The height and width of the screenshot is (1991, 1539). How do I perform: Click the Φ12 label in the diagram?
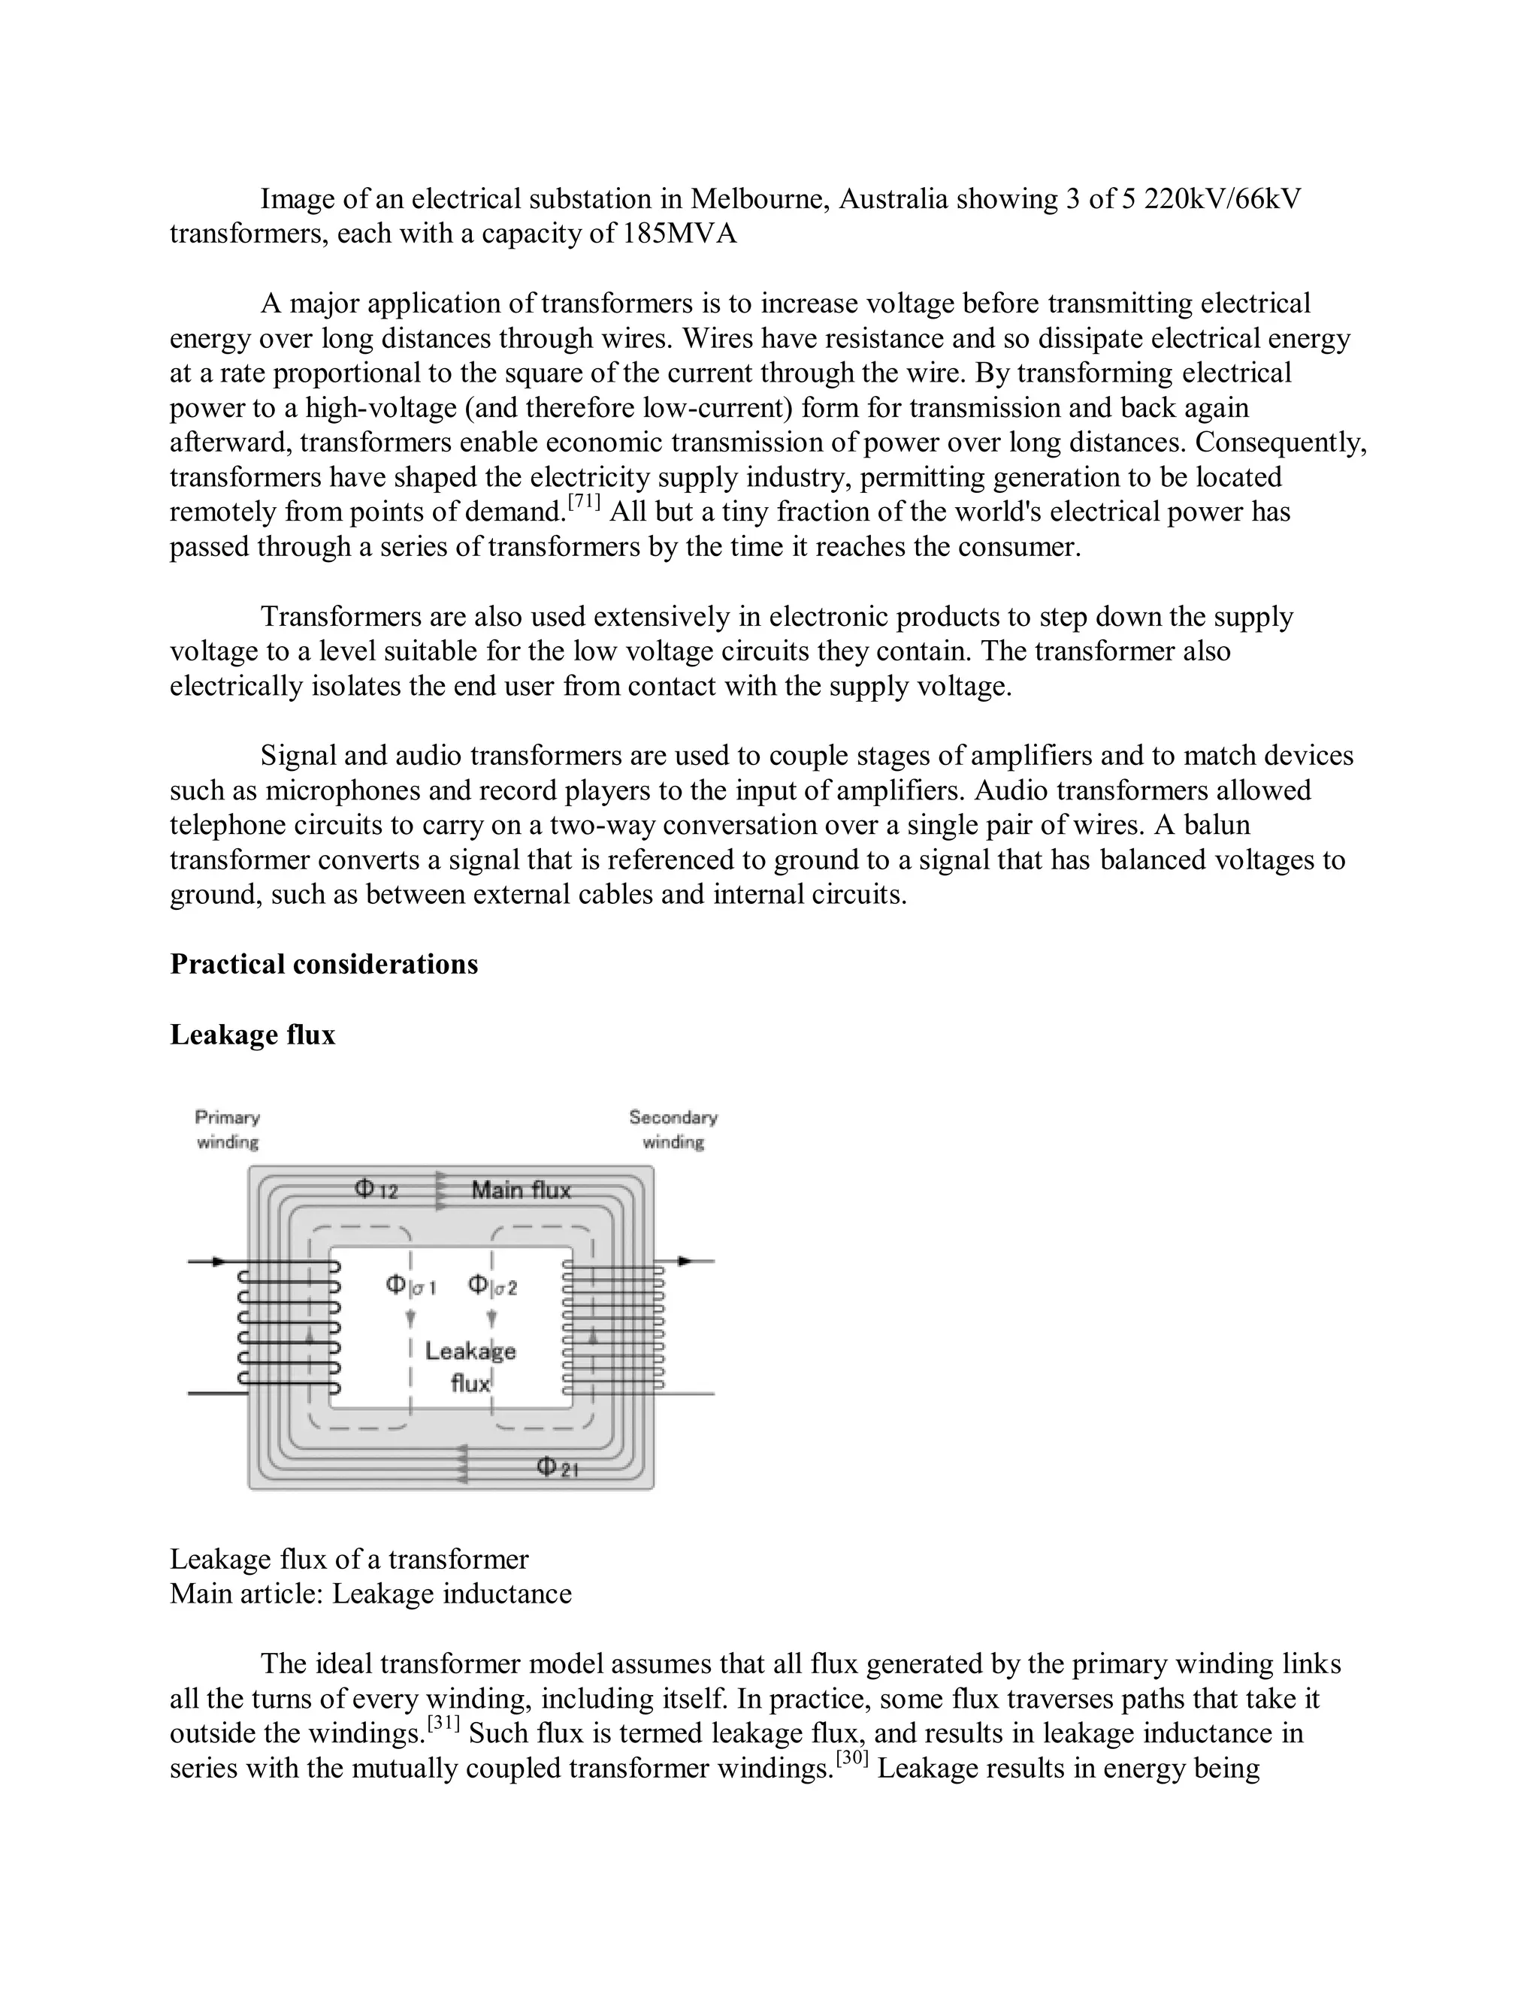coord(376,1189)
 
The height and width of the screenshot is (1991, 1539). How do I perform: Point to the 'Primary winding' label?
coord(228,1129)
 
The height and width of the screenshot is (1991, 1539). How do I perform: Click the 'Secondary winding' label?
coord(673,1129)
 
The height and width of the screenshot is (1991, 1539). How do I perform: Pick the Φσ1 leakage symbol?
coord(410,1286)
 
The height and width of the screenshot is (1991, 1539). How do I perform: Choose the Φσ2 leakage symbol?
coord(492,1286)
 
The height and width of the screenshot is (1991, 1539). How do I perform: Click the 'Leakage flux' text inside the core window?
coord(470,1367)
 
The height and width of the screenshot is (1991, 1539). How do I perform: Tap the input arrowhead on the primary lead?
coord(218,1261)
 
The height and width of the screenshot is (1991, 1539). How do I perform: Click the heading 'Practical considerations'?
coord(324,965)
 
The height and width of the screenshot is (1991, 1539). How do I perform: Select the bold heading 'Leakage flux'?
coord(252,1035)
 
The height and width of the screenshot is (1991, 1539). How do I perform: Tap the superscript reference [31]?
coord(443,1724)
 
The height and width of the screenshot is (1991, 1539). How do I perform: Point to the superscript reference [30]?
coord(851,1759)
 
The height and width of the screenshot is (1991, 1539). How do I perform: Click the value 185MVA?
coord(679,234)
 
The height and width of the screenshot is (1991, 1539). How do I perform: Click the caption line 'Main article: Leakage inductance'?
coord(371,1594)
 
